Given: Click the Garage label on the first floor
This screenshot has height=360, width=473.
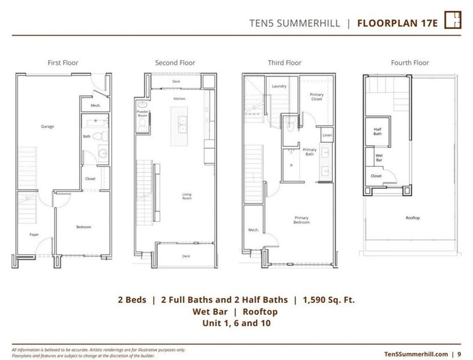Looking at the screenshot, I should pyautogui.click(x=48, y=127).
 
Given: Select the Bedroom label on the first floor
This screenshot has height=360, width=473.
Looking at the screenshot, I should pyautogui.click(x=83, y=227).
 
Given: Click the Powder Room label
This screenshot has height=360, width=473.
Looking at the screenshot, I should pyautogui.click(x=143, y=113).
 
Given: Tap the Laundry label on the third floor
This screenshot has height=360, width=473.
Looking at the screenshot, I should pyautogui.click(x=279, y=86).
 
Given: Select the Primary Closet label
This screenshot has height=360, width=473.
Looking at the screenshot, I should pyautogui.click(x=316, y=97).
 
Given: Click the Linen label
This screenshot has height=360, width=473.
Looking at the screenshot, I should pyautogui.click(x=327, y=136).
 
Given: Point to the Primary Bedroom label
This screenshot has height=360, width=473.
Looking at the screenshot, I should pyautogui.click(x=301, y=220).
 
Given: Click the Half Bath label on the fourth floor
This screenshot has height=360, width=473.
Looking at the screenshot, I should pyautogui.click(x=378, y=131).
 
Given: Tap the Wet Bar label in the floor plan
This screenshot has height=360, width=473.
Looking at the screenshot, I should pyautogui.click(x=379, y=158).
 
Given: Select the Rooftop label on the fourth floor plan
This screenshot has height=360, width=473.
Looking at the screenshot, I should pyautogui.click(x=413, y=217).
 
